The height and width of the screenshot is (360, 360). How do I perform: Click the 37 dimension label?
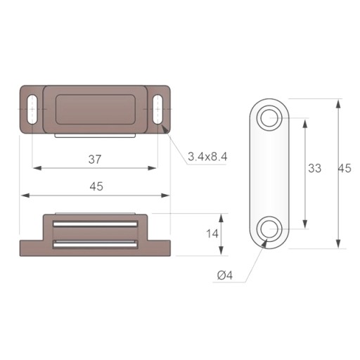95,160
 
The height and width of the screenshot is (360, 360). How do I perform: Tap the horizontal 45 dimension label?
96,186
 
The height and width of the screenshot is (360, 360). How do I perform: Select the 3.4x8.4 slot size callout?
207,157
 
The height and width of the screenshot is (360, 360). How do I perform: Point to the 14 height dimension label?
212,234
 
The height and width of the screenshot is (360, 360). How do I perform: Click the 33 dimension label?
314,168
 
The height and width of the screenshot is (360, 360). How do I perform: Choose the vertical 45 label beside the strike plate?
345,168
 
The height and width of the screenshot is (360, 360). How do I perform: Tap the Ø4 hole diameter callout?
225,276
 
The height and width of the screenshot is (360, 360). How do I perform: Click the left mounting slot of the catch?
32,109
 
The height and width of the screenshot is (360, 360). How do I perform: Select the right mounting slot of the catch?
158,109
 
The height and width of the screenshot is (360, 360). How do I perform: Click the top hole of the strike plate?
269,118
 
